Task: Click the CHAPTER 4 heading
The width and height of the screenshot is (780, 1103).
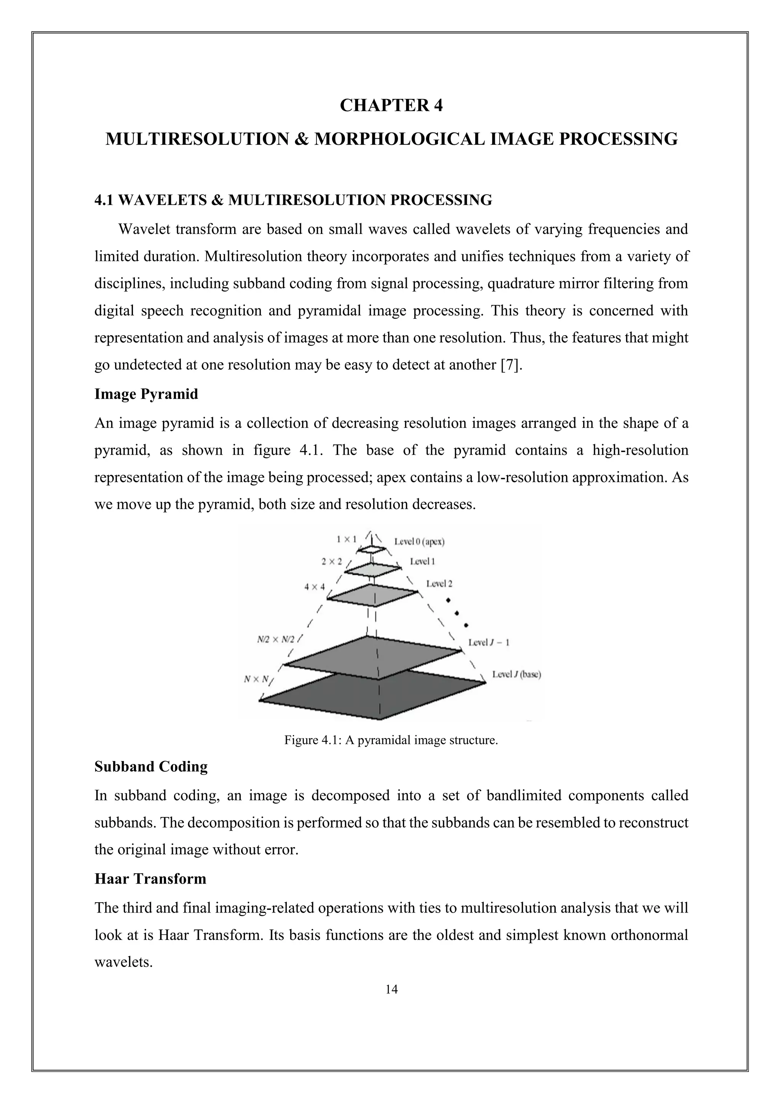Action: [391, 105]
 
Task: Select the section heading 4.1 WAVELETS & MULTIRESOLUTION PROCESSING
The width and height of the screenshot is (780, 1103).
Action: [293, 200]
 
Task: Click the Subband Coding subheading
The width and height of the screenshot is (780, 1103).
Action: [151, 766]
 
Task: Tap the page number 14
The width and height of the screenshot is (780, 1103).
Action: [391, 989]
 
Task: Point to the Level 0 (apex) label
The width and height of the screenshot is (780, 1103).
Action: [419, 542]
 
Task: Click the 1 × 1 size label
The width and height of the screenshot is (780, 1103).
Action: [346, 539]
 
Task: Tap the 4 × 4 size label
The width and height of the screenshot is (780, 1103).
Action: [315, 587]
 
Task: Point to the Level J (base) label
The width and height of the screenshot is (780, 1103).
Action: [516, 675]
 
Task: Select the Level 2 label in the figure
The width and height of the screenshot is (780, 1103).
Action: [439, 584]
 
